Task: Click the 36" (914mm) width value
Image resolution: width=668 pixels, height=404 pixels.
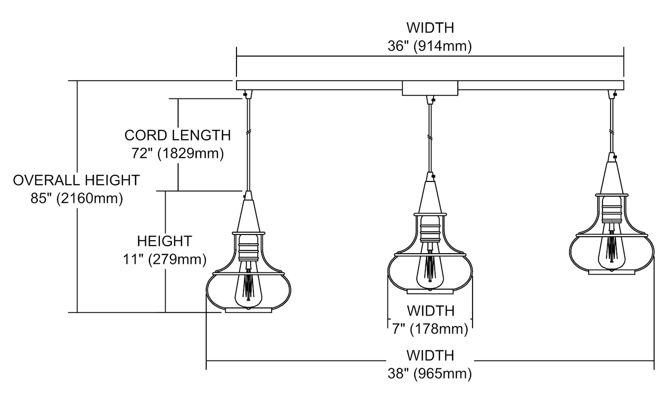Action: (x=429, y=46)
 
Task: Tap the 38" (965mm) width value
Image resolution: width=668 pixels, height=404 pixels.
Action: (x=429, y=373)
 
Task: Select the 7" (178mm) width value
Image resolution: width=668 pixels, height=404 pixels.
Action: (x=430, y=329)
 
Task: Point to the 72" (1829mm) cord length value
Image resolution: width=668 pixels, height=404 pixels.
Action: (x=177, y=154)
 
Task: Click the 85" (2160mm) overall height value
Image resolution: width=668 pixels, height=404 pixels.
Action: (x=77, y=198)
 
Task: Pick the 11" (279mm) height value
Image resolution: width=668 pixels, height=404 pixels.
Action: (x=165, y=259)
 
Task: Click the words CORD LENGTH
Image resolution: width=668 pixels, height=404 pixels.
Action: (x=177, y=135)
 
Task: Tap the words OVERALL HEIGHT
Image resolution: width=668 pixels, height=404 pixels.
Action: (x=77, y=180)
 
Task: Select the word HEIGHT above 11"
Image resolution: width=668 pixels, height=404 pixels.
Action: (x=164, y=241)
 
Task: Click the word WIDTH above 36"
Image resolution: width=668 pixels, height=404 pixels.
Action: (x=430, y=28)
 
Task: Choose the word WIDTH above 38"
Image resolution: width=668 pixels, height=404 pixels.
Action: (x=430, y=356)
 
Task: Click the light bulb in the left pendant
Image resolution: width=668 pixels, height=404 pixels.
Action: (x=248, y=289)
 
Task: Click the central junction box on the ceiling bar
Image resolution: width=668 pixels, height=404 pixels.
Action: (x=430, y=88)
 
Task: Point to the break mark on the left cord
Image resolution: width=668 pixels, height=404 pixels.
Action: (x=248, y=132)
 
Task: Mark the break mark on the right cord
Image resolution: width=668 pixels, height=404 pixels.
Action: (x=611, y=132)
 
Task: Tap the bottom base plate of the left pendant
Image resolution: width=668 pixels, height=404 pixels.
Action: (x=248, y=310)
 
